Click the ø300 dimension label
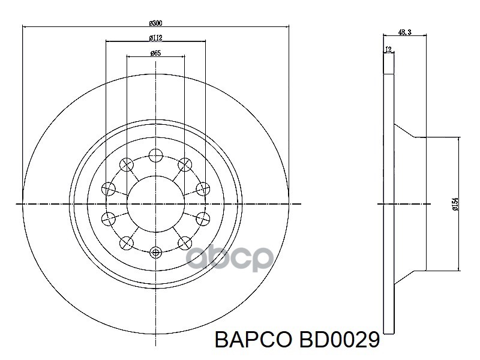(156, 23)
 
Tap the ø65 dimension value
(155, 53)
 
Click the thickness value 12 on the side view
(388, 50)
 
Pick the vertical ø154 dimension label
(455, 204)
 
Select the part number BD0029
(336, 341)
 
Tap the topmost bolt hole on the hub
(155, 155)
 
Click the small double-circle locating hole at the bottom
(155, 253)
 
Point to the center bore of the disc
(155, 204)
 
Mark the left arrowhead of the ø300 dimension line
(25, 27)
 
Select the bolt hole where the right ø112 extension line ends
(203, 188)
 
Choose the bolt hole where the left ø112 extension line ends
(108, 188)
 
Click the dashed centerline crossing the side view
(420, 204)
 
